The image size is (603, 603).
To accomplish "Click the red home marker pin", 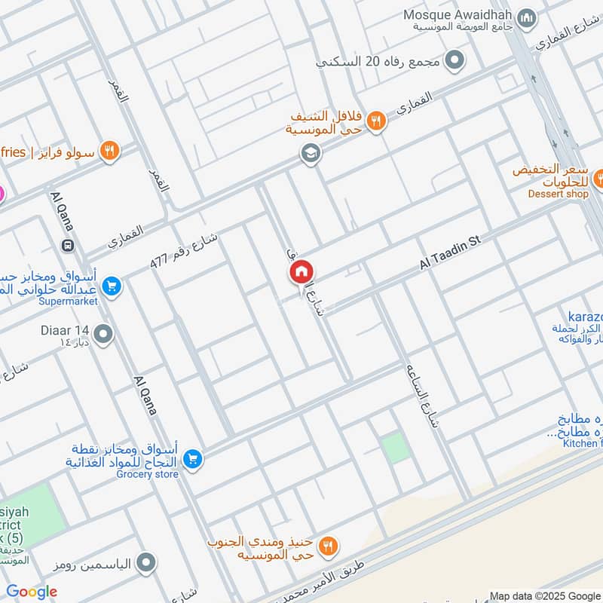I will (x=301, y=272).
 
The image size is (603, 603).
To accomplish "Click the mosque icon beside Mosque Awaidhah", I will (x=528, y=17).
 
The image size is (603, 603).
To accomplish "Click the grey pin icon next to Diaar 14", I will (x=103, y=333).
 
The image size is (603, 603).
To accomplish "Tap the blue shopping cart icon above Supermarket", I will (x=111, y=286).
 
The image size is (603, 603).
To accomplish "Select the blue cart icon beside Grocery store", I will (x=193, y=458).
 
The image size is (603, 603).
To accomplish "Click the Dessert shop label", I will (x=558, y=194).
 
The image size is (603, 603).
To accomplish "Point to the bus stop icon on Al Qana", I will (x=69, y=245).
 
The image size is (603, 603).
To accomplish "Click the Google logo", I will (x=32, y=592).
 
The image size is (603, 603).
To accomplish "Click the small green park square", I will (x=395, y=448).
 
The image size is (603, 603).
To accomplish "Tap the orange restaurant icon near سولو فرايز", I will (x=110, y=151).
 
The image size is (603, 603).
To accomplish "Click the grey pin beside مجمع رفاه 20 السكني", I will (x=455, y=60).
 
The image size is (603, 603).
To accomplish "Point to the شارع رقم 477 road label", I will (x=185, y=250).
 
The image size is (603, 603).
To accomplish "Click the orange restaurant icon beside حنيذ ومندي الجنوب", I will (x=328, y=545).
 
